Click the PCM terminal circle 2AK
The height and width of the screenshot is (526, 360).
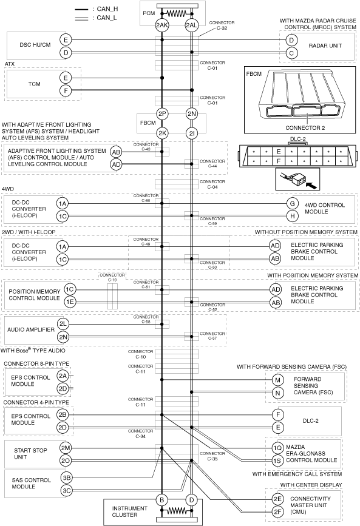pos(162,25)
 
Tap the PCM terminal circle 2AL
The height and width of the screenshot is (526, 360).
pos(191,25)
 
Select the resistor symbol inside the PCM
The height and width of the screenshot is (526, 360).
pos(177,14)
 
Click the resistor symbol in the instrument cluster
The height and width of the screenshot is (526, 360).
pos(177,511)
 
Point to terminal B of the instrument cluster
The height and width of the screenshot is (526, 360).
pos(162,500)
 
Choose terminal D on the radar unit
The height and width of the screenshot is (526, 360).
pos(291,40)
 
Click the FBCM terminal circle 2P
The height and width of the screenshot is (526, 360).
pos(162,113)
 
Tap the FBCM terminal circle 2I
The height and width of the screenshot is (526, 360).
pos(191,133)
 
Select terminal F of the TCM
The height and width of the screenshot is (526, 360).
pos(66,90)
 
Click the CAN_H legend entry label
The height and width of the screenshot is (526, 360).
pos(107,9)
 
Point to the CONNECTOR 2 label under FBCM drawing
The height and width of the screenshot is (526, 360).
pos(305,128)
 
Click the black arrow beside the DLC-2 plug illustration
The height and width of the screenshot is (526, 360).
pos(312,184)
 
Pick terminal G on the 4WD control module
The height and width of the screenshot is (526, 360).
pos(293,203)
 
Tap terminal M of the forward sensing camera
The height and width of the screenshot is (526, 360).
pos(277,380)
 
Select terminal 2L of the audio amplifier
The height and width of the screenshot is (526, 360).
pos(63,324)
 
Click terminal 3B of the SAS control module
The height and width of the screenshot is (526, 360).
pos(67,477)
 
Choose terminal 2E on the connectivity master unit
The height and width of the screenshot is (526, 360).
pos(277,499)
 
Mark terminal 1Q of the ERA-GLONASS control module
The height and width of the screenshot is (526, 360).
pos(277,448)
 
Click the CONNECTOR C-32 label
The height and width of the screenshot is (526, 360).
pos(222,25)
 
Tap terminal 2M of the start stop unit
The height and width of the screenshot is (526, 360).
pos(66,448)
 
